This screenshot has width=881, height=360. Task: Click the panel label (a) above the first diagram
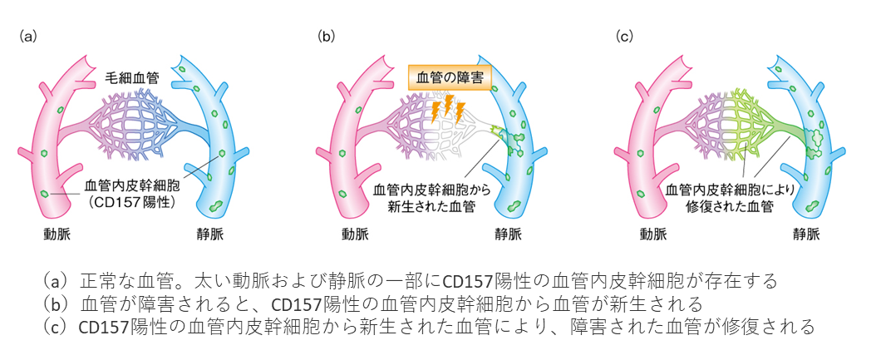coord(28,37)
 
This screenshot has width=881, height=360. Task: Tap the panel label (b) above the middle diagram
coord(327,37)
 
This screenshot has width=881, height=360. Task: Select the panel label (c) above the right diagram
coord(625,37)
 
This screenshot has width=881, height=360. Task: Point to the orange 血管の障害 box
coord(450,76)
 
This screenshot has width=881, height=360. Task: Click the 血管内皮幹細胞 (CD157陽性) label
coord(130,193)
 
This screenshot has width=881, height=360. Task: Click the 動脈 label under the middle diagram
coord(355,234)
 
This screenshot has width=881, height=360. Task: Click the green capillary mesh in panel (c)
coord(753,123)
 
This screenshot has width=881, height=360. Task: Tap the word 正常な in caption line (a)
coord(103,279)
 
